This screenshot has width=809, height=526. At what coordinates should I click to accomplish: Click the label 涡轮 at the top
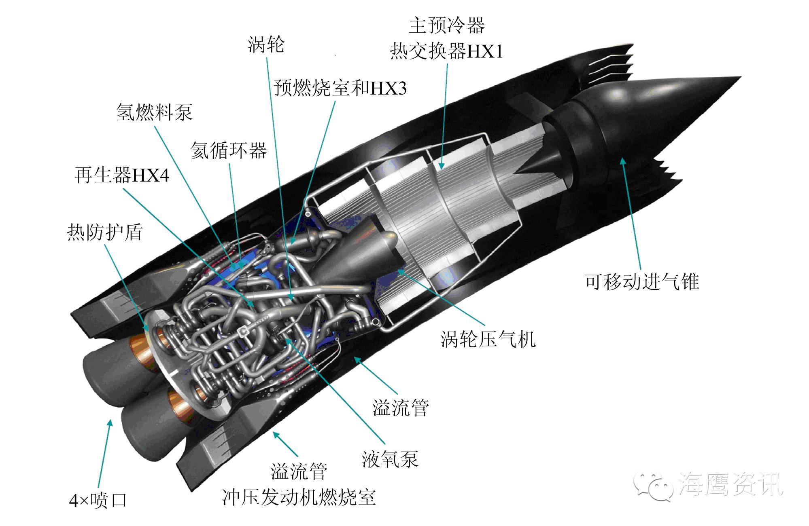(x=266, y=44)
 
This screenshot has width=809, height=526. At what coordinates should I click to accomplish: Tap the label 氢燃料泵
(x=154, y=112)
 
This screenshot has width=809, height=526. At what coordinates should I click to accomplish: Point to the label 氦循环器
(x=229, y=150)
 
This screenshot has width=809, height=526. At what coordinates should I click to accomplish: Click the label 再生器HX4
(x=122, y=175)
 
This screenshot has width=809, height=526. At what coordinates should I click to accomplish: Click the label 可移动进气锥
(x=642, y=281)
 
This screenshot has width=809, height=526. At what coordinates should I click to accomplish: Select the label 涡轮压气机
(x=488, y=339)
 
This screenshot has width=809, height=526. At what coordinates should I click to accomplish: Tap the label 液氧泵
(x=390, y=459)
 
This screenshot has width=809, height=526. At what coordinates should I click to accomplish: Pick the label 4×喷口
(x=98, y=501)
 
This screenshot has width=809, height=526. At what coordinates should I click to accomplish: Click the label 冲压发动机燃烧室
(x=299, y=497)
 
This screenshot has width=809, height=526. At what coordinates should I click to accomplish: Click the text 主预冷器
(x=446, y=25)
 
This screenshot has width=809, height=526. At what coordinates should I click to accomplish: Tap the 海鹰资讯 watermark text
(x=730, y=484)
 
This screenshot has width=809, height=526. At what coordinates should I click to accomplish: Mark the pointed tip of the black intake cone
(x=740, y=77)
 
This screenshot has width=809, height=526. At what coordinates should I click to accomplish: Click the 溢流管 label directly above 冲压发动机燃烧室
(x=299, y=471)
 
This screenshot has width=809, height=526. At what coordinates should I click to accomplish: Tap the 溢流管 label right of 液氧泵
(x=400, y=408)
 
